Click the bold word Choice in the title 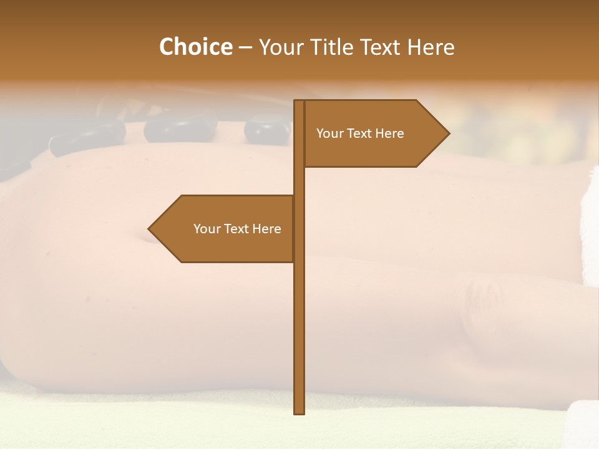tap(195, 47)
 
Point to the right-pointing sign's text tap(360, 133)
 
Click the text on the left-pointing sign tap(237, 229)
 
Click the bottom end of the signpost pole tap(299, 412)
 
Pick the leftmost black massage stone tap(87, 137)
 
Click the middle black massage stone tap(172, 128)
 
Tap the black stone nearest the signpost tap(267, 130)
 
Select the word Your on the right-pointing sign tap(330, 133)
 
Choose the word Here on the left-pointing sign tap(266, 229)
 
